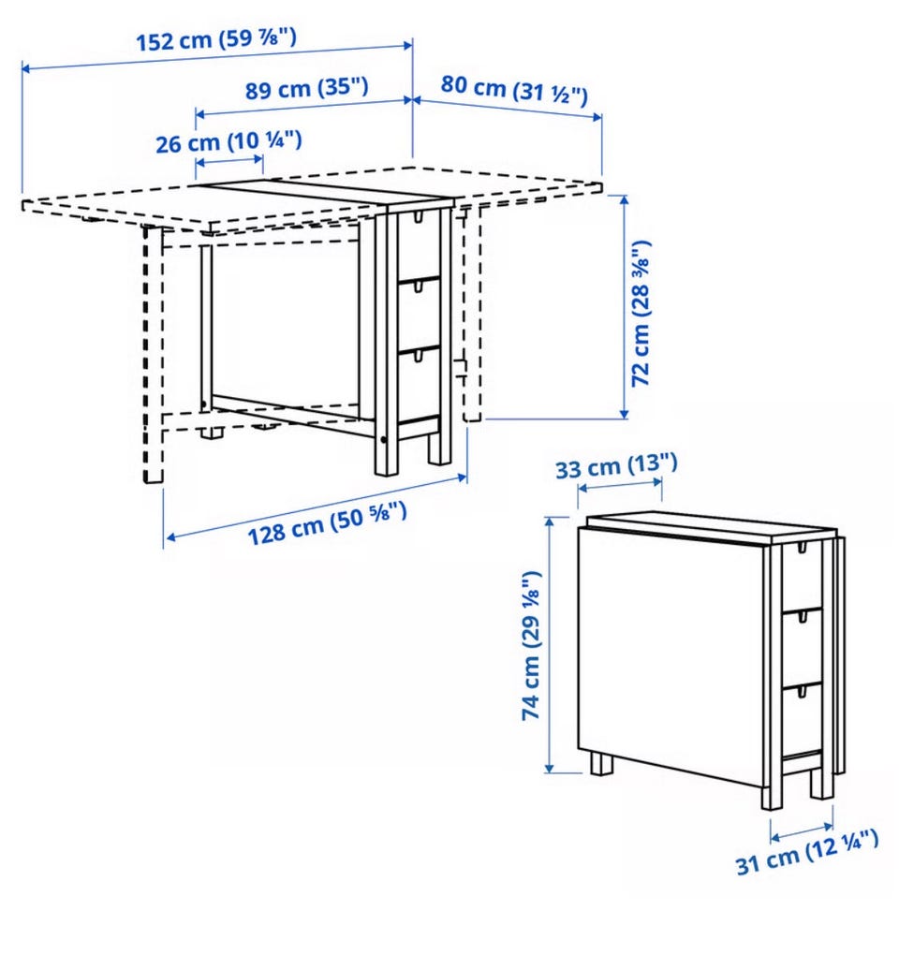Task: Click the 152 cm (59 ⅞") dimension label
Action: [x=215, y=40]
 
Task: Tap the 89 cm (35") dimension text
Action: [x=307, y=88]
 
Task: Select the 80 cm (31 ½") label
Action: [x=514, y=90]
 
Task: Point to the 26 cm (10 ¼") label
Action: [x=229, y=142]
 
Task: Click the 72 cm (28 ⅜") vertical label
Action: [x=641, y=314]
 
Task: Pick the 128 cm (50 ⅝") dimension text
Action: [x=327, y=523]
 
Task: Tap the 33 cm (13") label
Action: [x=616, y=466]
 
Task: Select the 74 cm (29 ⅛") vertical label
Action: [x=531, y=646]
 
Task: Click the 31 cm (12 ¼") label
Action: [x=807, y=853]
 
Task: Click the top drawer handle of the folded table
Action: [x=803, y=548]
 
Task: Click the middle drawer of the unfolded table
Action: [x=419, y=315]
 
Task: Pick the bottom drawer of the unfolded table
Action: [x=419, y=385]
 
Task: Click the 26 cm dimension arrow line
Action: [x=229, y=162]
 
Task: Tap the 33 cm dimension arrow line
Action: [x=619, y=485]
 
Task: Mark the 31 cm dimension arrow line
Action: [x=802, y=831]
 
